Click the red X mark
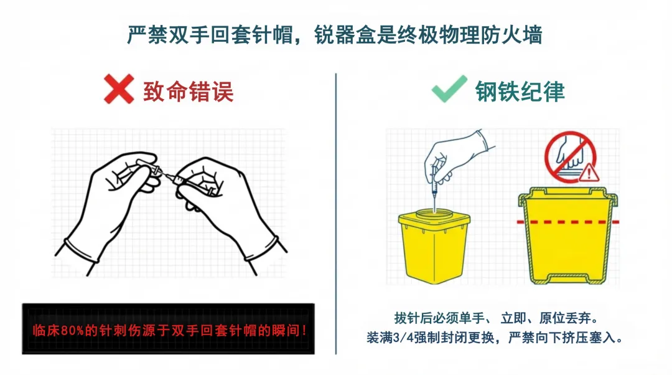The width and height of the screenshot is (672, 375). coord(119,89)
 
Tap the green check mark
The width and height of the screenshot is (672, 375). coord(449,89)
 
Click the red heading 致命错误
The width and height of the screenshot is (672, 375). coord(189,92)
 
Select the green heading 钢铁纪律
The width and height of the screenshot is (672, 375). coord(520,92)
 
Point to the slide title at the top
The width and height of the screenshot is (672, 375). coord(335,35)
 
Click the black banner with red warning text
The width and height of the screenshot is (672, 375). coord(168,329)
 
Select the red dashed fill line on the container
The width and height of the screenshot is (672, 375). coord(568,222)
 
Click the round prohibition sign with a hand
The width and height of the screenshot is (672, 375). coord(571,157)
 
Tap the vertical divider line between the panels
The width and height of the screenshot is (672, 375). coord(335,214)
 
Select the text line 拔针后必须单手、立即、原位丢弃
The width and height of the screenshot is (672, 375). coord(497,318)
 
